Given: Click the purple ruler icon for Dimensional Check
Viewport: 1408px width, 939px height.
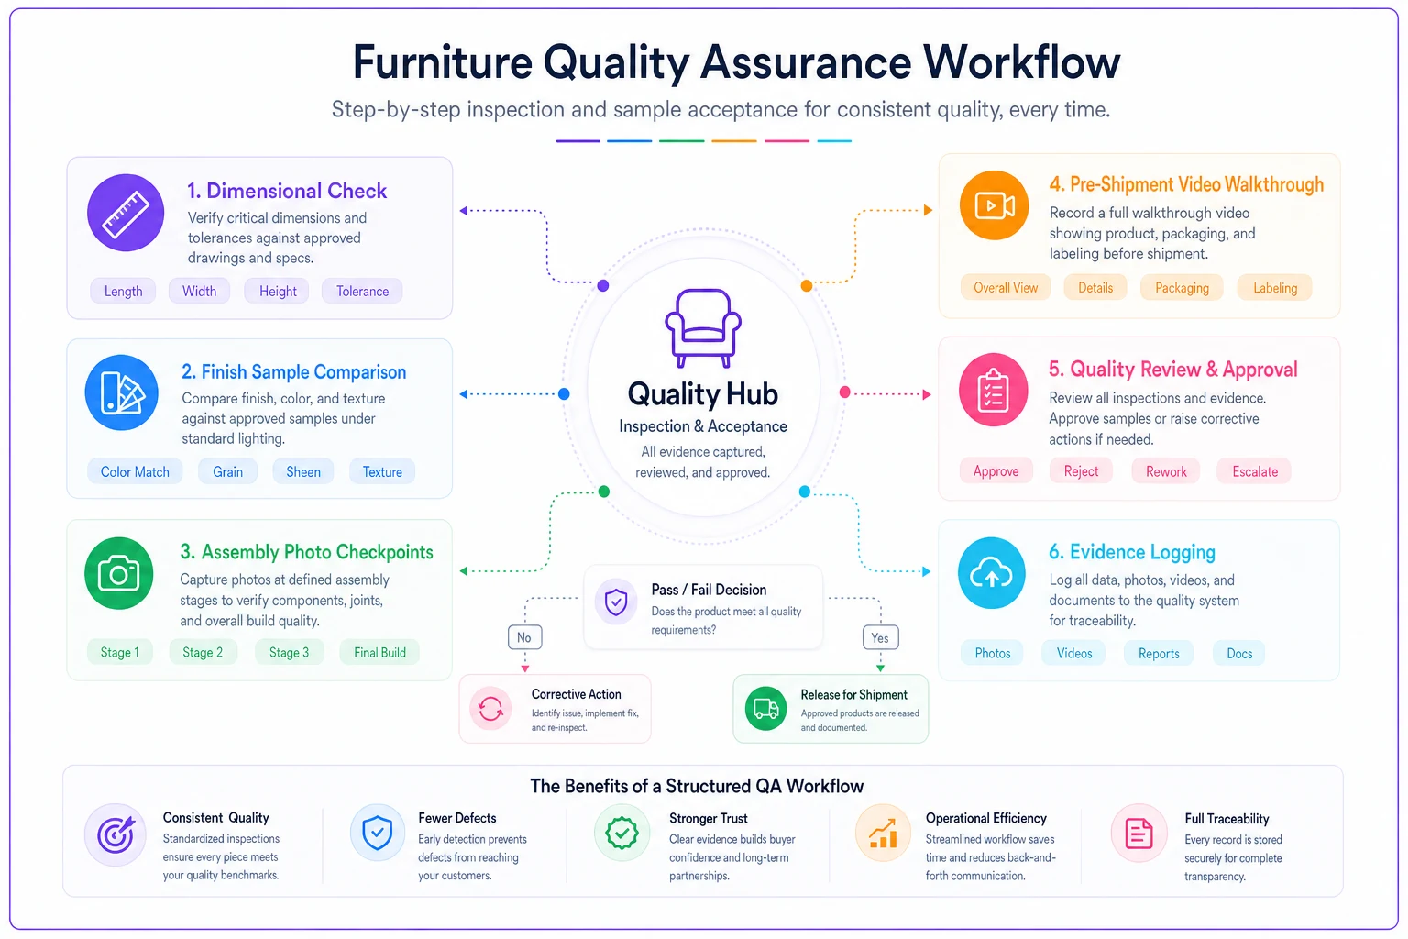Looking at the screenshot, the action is [126, 213].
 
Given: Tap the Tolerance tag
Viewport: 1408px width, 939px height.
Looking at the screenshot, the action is [362, 292].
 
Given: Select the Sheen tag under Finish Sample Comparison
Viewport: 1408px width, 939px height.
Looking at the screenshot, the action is [303, 471].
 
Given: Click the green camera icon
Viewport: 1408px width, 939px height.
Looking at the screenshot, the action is [119, 573].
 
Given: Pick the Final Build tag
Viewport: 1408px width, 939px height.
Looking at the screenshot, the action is [379, 652].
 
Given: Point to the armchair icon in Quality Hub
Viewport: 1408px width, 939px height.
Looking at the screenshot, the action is [703, 327].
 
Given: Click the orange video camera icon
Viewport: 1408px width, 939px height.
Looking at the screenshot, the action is [994, 205].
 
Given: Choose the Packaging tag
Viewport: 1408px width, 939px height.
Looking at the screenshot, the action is [1182, 288].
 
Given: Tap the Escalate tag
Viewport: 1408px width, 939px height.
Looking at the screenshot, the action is [1255, 471].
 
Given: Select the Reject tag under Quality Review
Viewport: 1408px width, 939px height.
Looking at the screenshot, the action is [1081, 471].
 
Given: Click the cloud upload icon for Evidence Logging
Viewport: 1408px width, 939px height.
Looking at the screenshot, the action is [991, 573].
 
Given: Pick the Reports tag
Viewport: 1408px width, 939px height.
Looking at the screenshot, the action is [1159, 654].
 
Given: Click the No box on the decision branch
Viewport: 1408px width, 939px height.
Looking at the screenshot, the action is [524, 637].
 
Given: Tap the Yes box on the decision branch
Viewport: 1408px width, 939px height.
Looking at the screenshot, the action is [880, 637].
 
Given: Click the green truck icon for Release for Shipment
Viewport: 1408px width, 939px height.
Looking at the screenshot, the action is [765, 709].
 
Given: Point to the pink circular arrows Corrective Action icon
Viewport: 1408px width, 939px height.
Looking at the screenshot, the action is [490, 709].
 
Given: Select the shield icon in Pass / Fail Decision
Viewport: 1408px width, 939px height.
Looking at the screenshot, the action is [616, 602].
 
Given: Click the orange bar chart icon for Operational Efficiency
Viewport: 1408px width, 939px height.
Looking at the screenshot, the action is [883, 834].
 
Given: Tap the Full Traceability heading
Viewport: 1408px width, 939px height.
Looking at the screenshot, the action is [1226, 819].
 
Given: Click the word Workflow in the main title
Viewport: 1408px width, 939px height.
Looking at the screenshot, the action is [1021, 62].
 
